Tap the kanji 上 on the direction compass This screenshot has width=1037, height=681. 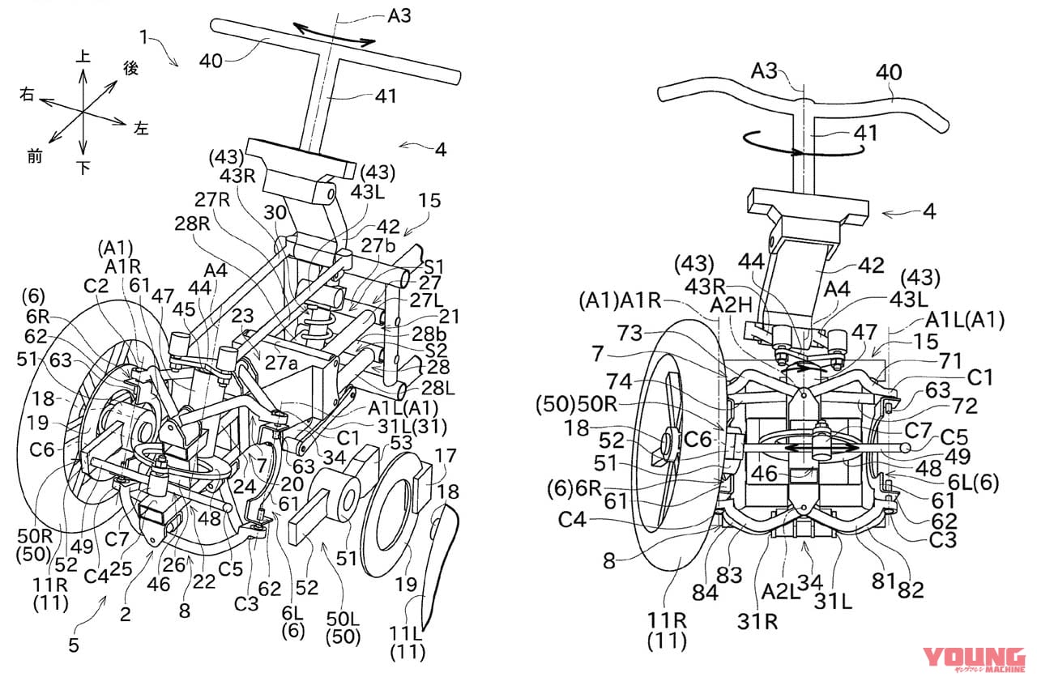pyautogui.click(x=82, y=56)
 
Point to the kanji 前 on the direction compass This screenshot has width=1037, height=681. pyautogui.click(x=34, y=156)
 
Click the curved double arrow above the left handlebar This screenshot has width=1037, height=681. pyautogui.click(x=334, y=34)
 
